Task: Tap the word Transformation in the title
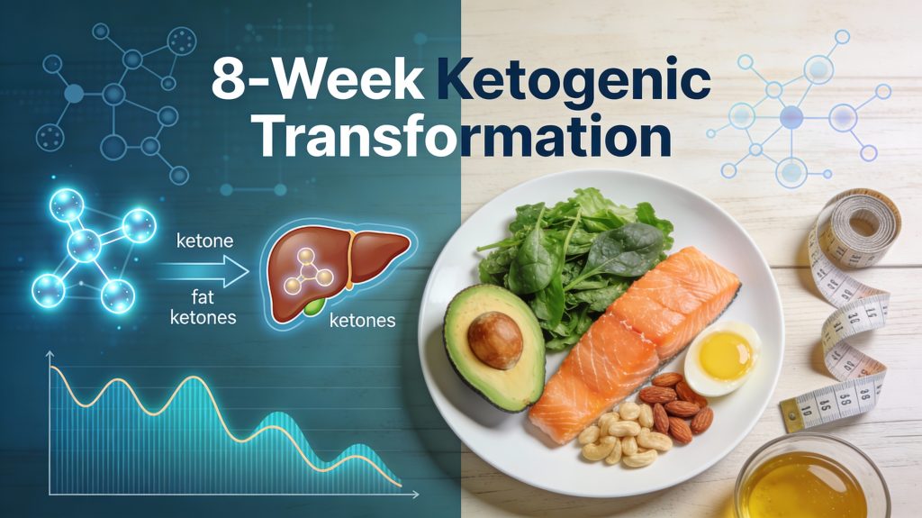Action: [x=460, y=139]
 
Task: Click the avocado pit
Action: [x=494, y=339]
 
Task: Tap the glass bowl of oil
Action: [x=810, y=482]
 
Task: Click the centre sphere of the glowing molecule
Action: [x=83, y=242]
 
